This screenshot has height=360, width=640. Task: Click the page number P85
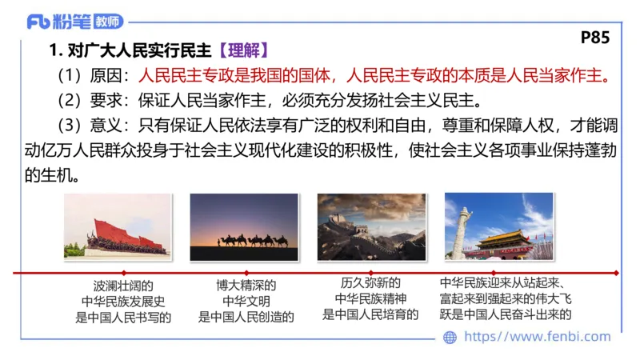[594, 38]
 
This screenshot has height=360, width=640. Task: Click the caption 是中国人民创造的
[246, 316]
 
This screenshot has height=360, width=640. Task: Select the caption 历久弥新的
[370, 283]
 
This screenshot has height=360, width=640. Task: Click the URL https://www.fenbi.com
[537, 337]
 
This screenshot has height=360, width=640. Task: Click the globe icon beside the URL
[450, 338]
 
